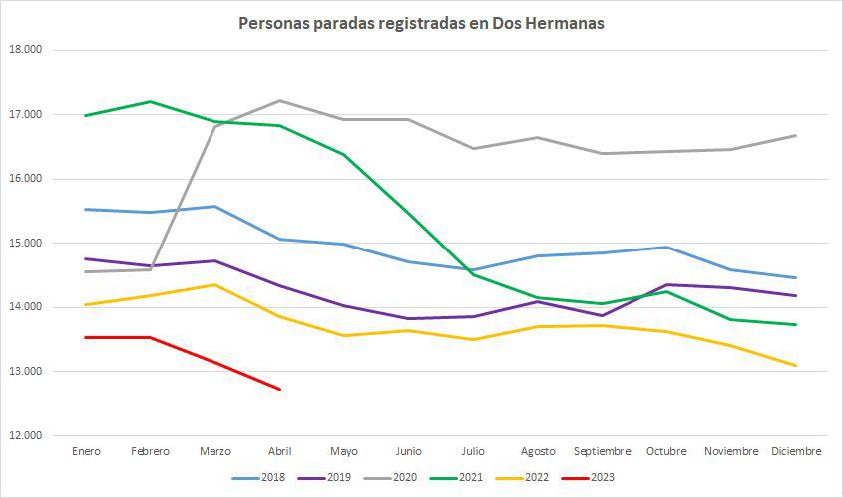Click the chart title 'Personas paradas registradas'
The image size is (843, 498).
421,23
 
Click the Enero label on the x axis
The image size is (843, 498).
87,452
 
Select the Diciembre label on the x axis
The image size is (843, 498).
796,452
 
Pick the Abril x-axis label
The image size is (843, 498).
279,452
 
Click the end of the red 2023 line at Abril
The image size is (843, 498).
279,389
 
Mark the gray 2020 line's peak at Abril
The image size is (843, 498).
279,100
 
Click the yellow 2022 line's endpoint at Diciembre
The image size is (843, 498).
796,366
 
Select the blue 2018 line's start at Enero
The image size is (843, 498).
87,209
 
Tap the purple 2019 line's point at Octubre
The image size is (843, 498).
666,284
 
